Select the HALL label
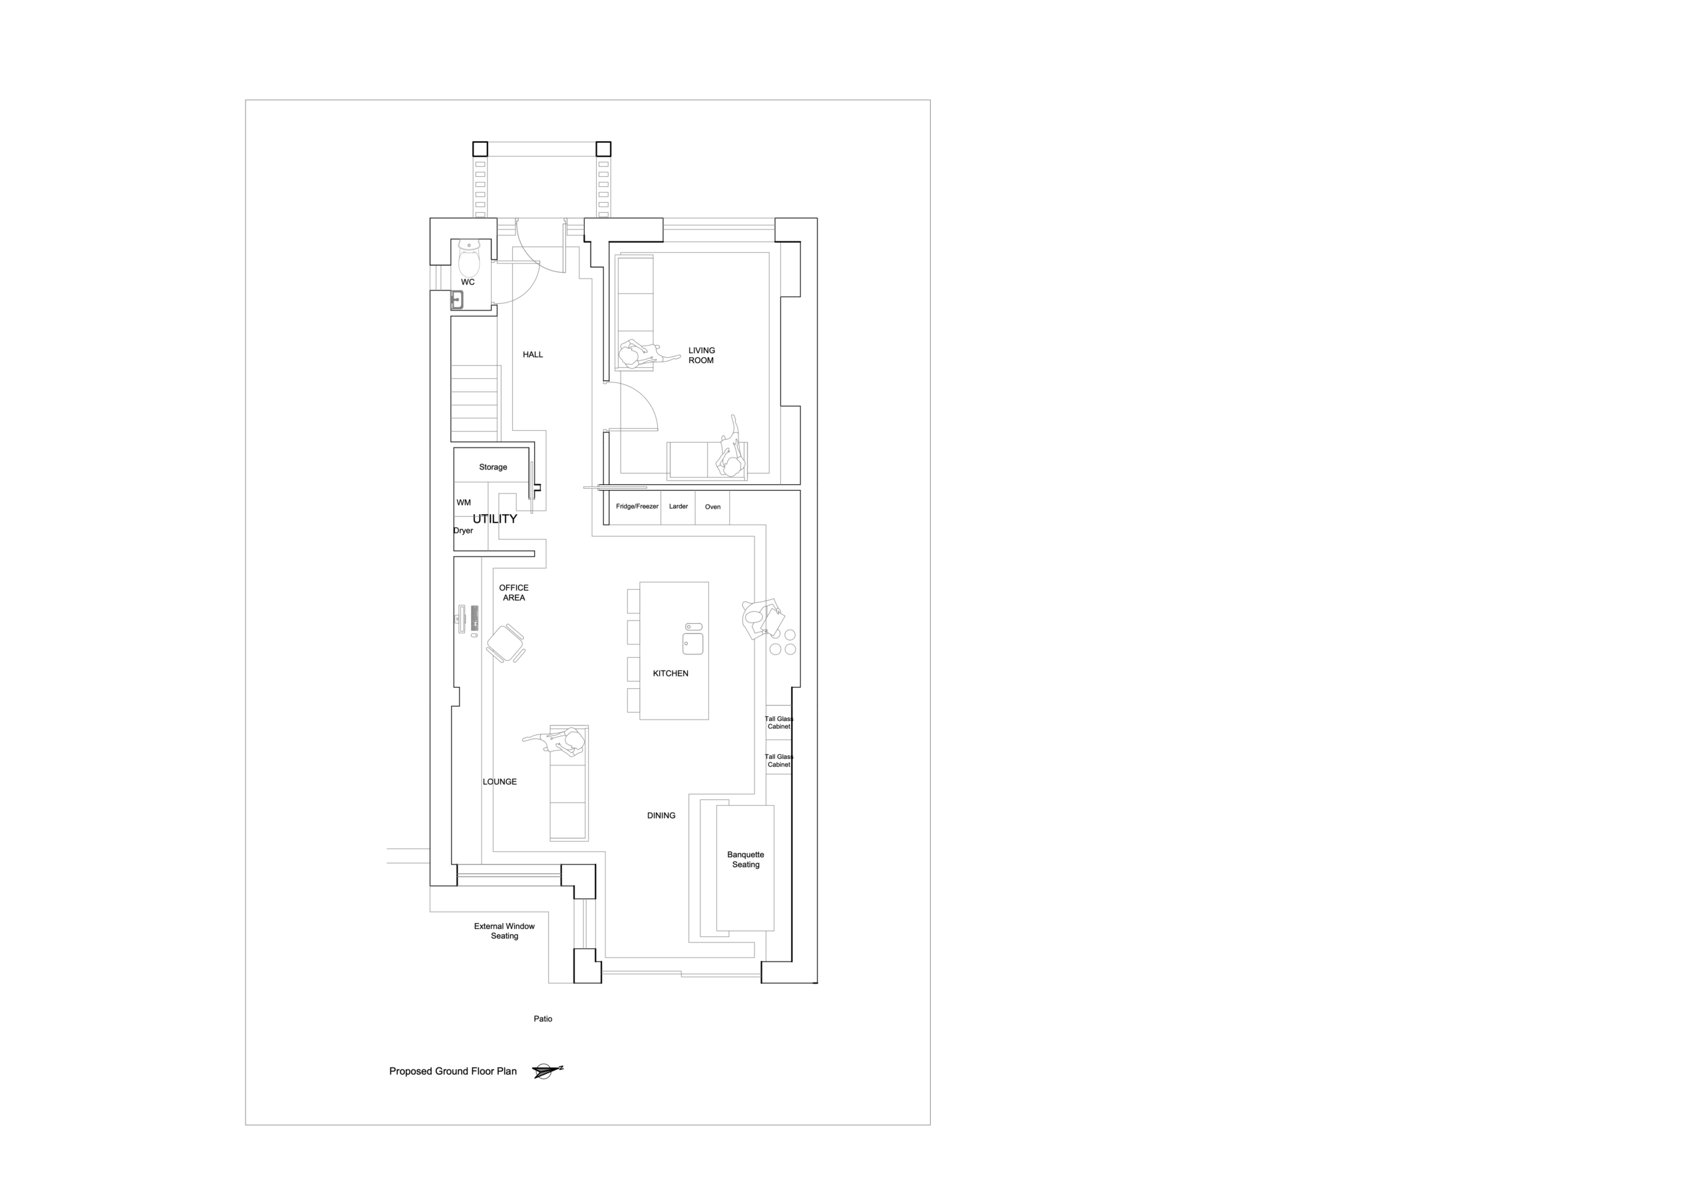(533, 354)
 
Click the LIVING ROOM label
(701, 355)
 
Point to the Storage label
(493, 468)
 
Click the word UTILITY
(495, 519)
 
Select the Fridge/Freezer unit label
(637, 507)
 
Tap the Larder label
(679, 507)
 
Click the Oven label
(712, 507)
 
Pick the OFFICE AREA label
(514, 593)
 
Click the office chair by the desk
(506, 643)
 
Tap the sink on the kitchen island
(693, 639)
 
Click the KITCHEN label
(671, 674)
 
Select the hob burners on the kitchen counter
(782, 642)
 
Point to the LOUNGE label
(500, 782)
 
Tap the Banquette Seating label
(746, 860)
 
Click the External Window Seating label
(504, 931)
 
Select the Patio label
(543, 1019)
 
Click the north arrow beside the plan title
(547, 1071)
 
